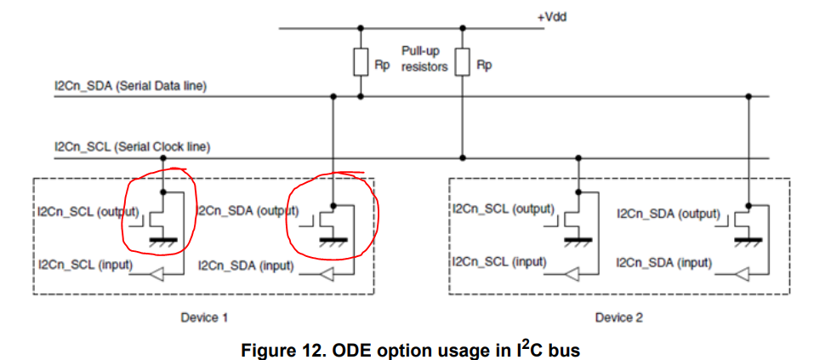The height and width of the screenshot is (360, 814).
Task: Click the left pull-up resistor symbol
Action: (361, 63)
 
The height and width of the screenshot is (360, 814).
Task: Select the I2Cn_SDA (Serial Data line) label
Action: (130, 86)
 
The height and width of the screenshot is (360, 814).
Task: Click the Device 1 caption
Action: (204, 317)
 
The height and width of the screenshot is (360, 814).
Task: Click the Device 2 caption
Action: (618, 317)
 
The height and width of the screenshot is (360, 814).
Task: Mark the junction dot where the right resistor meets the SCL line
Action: (462, 157)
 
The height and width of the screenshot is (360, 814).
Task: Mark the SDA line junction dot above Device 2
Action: (749, 96)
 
